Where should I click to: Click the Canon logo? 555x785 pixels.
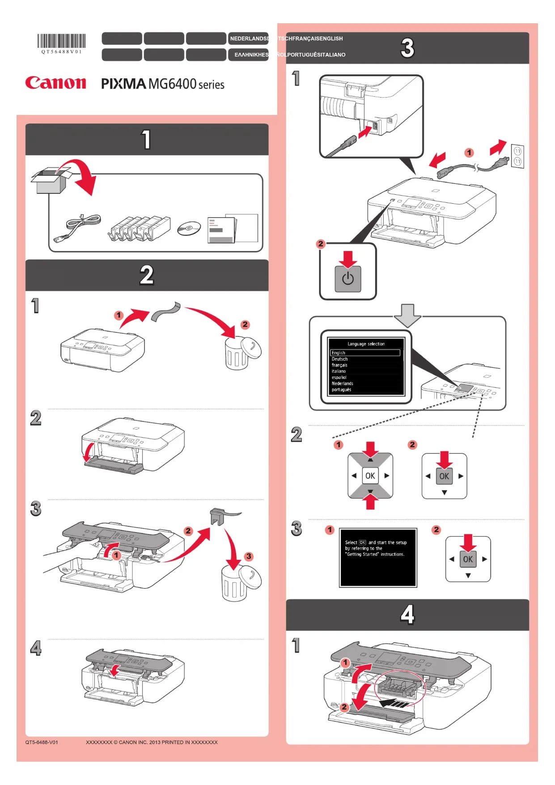tap(55, 83)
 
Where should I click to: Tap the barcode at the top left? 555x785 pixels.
tap(61, 41)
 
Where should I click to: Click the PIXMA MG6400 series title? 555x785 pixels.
tap(162, 84)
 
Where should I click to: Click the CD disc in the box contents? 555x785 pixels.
tap(189, 229)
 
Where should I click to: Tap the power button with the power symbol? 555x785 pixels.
tap(348, 279)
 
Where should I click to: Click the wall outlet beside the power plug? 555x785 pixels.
tap(517, 156)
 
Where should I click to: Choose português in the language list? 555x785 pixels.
tap(342, 390)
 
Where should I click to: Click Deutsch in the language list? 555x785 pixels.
tap(340, 359)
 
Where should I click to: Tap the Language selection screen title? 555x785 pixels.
tap(366, 344)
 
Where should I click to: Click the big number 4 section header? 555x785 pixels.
tap(407, 614)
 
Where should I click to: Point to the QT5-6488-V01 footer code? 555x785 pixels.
tap(42, 742)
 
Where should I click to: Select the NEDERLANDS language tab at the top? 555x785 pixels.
tap(249, 38)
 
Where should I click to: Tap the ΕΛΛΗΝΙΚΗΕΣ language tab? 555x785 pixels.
tap(251, 55)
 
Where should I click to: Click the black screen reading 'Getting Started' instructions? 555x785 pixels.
tap(378, 557)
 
